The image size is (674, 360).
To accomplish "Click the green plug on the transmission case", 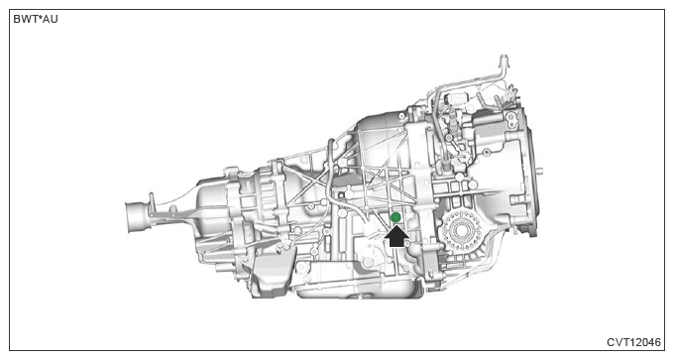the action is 395,217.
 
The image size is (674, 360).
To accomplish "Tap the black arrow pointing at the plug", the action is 396,236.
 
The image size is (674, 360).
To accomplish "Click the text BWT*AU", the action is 36,20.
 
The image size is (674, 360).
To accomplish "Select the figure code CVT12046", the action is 633,342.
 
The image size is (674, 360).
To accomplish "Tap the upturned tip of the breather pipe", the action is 504,60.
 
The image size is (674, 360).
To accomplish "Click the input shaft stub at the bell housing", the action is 539,170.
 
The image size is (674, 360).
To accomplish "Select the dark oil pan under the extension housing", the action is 270,276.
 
